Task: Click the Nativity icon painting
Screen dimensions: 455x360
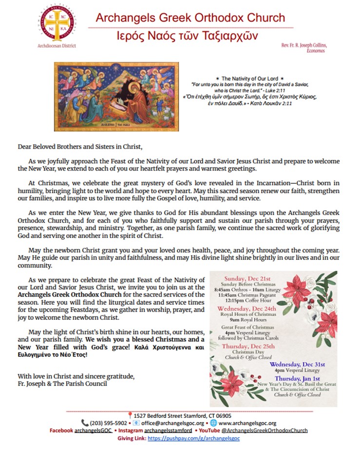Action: [x=116, y=97]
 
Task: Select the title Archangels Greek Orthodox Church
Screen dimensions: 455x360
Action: [x=190, y=18]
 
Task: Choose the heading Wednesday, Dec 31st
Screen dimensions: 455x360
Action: [x=297, y=364]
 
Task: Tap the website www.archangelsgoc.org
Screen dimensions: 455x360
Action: [x=248, y=423]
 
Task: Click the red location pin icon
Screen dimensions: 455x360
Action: [x=130, y=415]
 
